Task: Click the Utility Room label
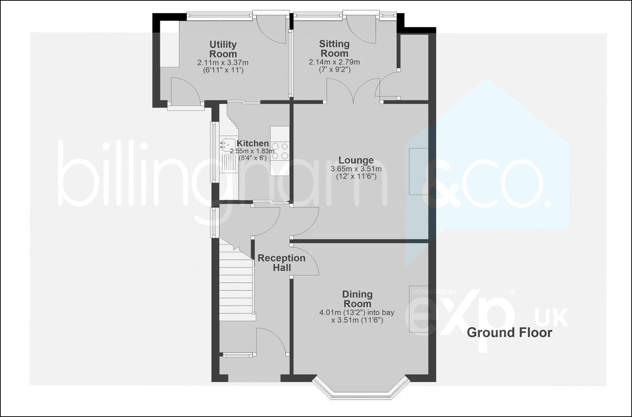point(223,49)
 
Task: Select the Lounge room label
point(356,160)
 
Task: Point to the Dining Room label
point(357,299)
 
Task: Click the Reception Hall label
point(281,262)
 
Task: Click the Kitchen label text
point(252,143)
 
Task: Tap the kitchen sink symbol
point(228,145)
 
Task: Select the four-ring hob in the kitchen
point(280,151)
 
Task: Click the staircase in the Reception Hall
point(236,285)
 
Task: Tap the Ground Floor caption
point(509,332)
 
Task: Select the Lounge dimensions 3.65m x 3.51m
point(356,173)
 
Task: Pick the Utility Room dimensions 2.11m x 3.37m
point(223,66)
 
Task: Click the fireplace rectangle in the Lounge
point(418,171)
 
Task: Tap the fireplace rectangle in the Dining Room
point(418,309)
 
